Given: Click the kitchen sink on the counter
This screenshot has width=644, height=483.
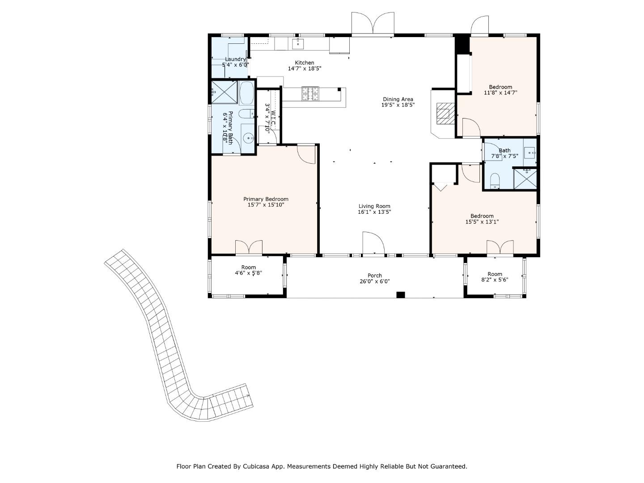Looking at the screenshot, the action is point(297,44).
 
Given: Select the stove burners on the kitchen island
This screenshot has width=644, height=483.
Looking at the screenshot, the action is point(310,93).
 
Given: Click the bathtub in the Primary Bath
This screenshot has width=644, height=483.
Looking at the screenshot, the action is point(247,93).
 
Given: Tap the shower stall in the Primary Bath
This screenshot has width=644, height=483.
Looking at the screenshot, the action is point(225,92).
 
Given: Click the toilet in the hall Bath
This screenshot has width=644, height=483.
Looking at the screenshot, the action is point(495,181).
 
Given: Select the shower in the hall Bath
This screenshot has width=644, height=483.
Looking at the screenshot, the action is point(525,179).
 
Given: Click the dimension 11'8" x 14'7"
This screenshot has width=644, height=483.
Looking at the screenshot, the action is point(500,93).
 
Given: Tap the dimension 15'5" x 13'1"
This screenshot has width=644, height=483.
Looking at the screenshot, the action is point(482,222).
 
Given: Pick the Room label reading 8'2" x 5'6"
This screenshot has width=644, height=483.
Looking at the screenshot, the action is point(495,277).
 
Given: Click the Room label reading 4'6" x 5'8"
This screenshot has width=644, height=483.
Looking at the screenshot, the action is point(248,270).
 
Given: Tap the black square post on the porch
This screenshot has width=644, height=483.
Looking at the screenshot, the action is point(400,295).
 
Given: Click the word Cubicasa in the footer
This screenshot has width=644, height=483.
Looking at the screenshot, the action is point(254,466).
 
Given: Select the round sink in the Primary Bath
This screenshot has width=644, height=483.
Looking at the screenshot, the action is point(249,137).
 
